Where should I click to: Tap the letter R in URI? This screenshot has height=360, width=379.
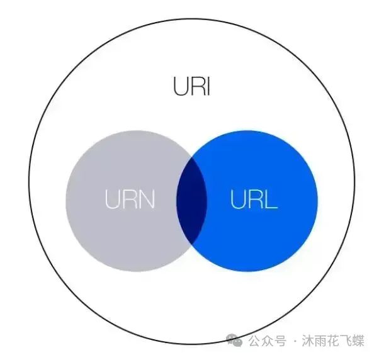(198, 86)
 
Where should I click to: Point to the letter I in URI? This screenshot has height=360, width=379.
(208, 86)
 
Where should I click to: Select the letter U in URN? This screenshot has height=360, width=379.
(113, 199)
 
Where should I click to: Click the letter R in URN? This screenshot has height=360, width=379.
(130, 199)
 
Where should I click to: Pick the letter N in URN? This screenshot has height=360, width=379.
(147, 199)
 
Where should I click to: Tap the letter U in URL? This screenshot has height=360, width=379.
(238, 199)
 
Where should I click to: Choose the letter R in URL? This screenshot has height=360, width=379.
(256, 199)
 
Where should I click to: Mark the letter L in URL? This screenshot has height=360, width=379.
(271, 199)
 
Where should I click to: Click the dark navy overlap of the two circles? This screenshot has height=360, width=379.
(191, 201)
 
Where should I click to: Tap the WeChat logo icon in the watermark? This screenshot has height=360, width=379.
(234, 340)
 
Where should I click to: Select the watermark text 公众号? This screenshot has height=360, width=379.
(268, 340)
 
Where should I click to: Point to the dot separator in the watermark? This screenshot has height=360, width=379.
(295, 341)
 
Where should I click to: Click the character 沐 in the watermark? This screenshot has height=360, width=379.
(308, 340)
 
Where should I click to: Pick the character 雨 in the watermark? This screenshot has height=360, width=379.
(320, 340)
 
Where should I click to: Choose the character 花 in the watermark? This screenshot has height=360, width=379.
(333, 340)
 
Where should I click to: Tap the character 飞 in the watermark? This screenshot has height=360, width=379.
(346, 340)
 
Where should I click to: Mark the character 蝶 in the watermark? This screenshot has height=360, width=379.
(358, 340)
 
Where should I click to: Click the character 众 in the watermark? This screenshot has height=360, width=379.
(268, 340)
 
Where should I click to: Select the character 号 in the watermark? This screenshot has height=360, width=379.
(280, 340)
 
